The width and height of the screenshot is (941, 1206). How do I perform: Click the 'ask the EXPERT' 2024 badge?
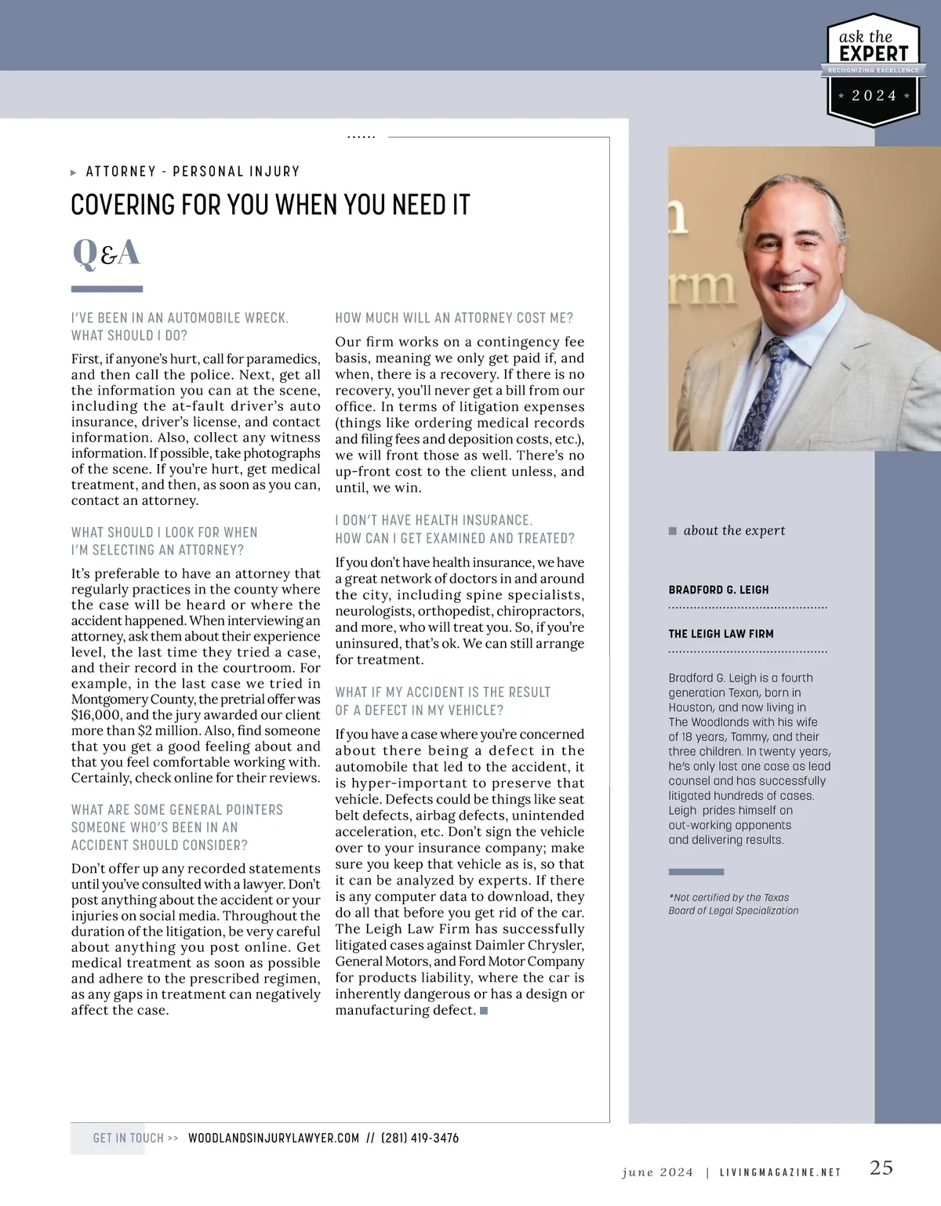pos(873,70)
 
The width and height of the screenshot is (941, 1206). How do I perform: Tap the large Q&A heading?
pos(106,252)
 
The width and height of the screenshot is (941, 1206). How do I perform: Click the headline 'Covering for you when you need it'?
pos(270,205)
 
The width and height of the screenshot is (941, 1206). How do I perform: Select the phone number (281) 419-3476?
pos(420,1138)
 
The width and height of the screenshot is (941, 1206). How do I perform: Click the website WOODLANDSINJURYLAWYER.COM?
pos(274,1138)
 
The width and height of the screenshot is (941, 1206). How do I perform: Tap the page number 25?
pos(881,1168)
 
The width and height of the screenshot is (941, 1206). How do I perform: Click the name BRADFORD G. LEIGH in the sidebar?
pos(718,590)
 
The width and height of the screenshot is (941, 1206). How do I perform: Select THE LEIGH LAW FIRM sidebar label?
pos(721,634)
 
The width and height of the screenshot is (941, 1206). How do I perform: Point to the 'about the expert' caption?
pos(734,530)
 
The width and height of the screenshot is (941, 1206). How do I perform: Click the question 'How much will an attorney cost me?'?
pos(454,318)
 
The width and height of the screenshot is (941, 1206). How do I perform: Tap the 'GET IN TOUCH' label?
pos(129,1138)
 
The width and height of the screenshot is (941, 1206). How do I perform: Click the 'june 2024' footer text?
pos(657,1172)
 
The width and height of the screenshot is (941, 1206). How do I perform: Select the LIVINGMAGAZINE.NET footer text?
pos(779,1172)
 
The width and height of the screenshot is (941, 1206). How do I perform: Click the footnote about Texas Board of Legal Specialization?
pos(733,904)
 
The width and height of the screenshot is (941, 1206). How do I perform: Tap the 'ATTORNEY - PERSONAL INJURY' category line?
pos(192,171)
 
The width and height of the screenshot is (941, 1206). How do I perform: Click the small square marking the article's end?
pos(484,1010)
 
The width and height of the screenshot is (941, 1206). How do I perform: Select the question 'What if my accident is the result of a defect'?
pos(442,701)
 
